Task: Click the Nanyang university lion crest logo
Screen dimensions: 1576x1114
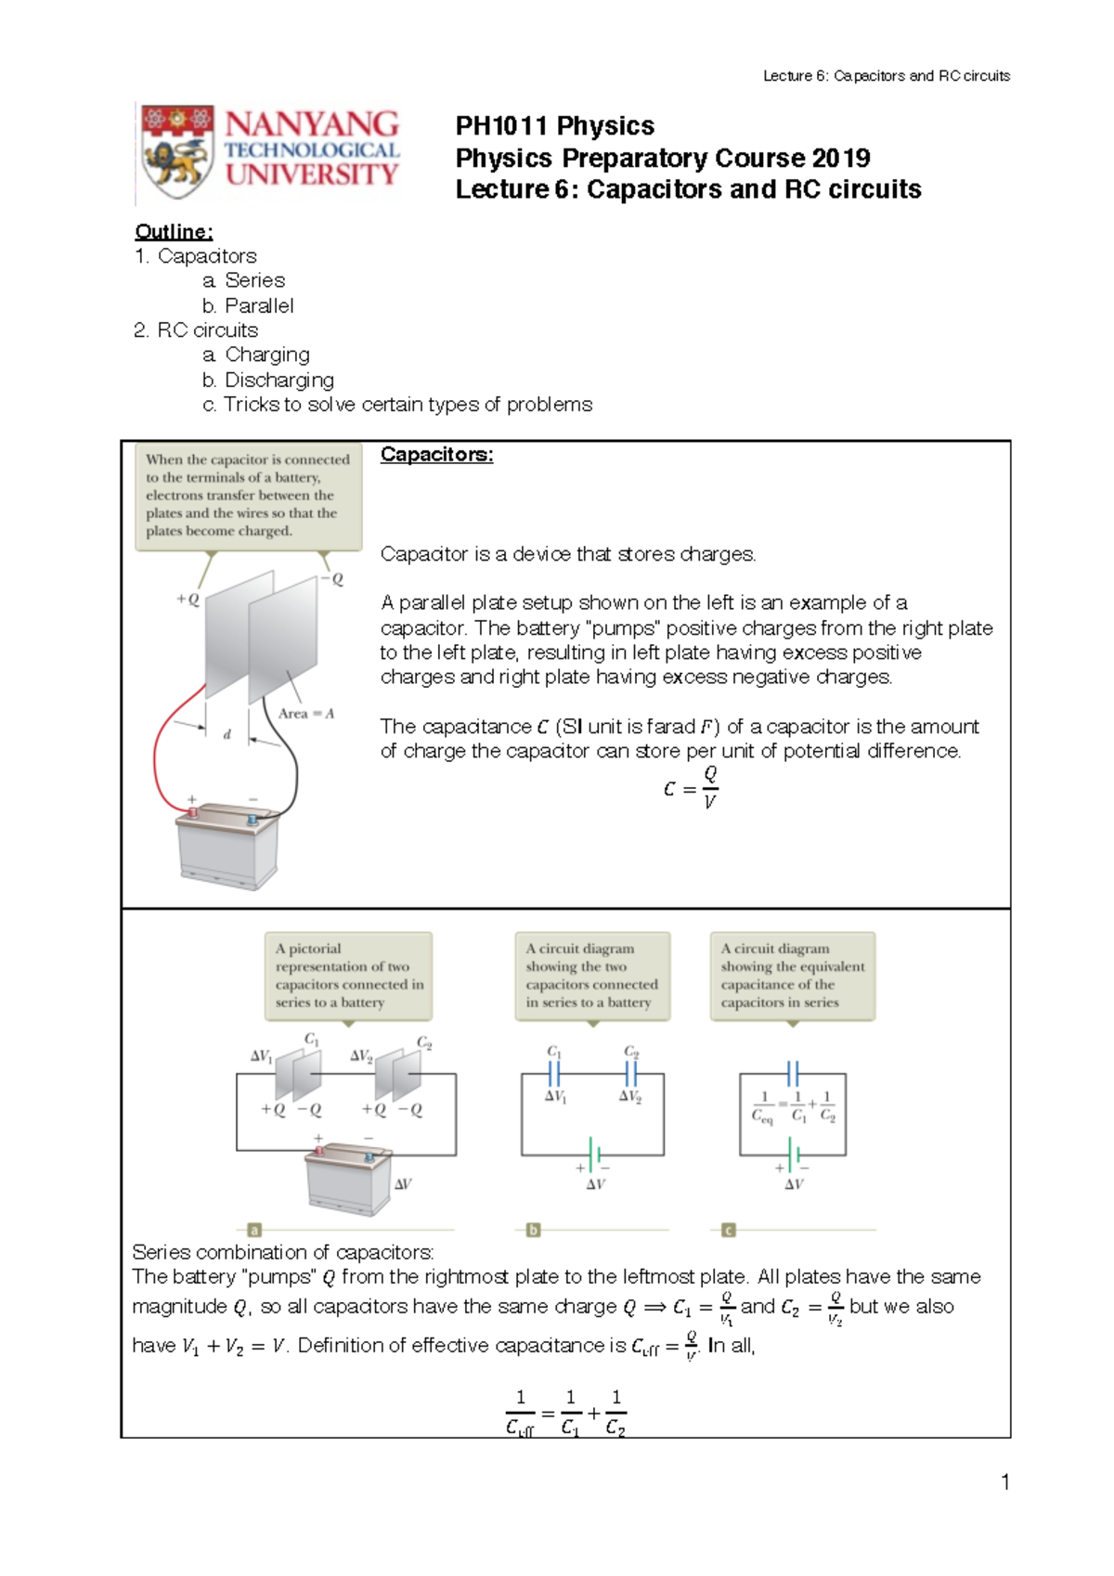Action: [178, 151]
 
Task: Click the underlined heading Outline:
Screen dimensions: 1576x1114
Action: [174, 232]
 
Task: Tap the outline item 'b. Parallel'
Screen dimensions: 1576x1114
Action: [248, 305]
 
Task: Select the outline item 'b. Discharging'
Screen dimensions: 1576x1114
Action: [268, 380]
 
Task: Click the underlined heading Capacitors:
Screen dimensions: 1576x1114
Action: [436, 455]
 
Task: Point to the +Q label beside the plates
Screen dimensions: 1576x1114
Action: [188, 600]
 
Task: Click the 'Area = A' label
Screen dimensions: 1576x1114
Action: [305, 714]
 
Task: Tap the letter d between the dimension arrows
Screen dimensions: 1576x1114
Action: [227, 734]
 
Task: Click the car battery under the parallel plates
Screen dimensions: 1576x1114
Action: [227, 846]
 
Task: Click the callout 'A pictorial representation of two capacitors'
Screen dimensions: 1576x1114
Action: [348, 975]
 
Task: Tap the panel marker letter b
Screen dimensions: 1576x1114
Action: [533, 1230]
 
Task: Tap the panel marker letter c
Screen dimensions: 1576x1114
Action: [729, 1230]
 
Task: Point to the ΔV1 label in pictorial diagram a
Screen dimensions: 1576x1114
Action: [261, 1056]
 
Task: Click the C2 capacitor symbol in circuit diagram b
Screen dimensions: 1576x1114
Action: [631, 1073]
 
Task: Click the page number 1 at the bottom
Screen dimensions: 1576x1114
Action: [1004, 1482]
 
